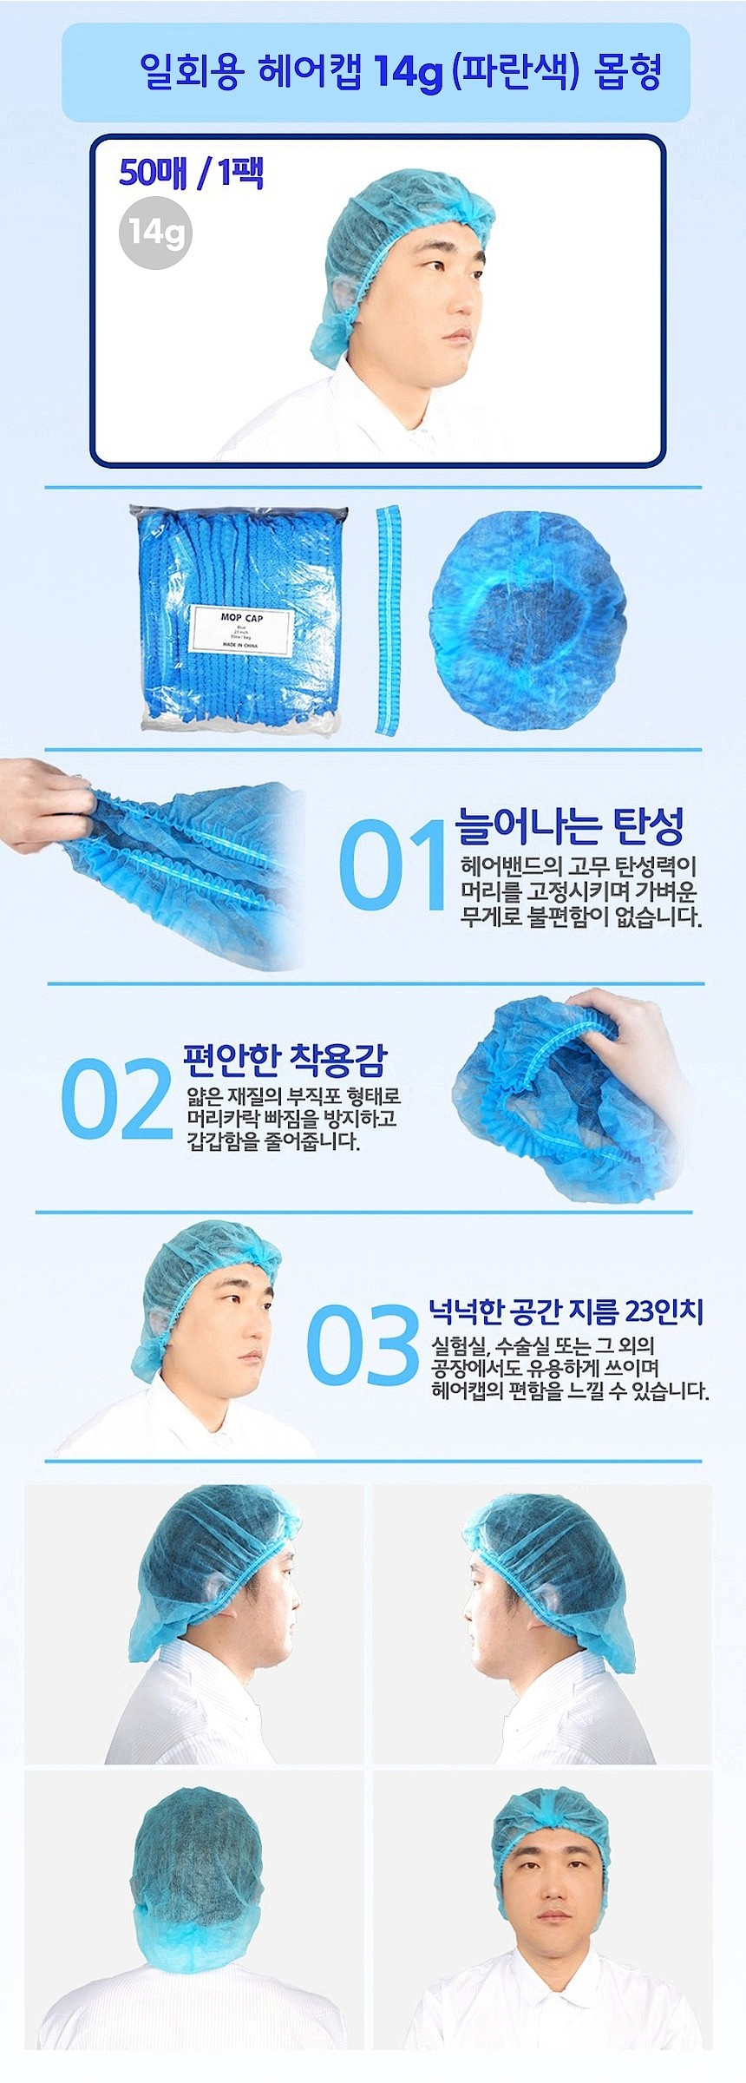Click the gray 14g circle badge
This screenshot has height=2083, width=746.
pyautogui.click(x=155, y=233)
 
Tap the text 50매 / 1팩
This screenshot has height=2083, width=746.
pyautogui.click(x=191, y=173)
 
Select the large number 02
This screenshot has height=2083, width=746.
pyautogui.click(x=116, y=1098)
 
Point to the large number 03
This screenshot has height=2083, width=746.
pyautogui.click(x=363, y=1344)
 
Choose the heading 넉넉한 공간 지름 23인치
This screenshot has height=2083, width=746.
pyautogui.click(x=566, y=1311)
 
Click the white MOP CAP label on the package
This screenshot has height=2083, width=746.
pyautogui.click(x=240, y=630)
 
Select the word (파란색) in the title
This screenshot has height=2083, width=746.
pyautogui.click(x=515, y=71)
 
